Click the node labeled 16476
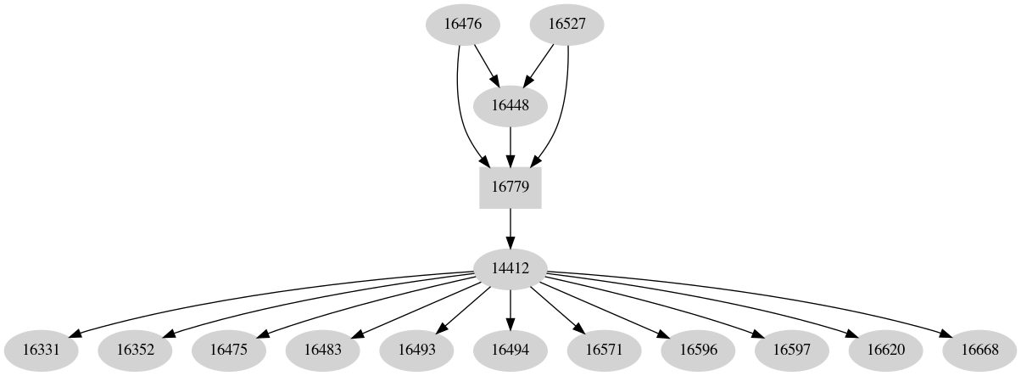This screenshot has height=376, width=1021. tap(462, 24)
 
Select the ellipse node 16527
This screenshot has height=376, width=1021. tap(567, 24)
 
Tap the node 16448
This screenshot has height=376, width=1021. tap(510, 105)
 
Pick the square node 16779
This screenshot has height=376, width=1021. tap(510, 187)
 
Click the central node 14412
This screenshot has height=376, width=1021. tap(510, 268)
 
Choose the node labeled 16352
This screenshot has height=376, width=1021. tap(135, 349)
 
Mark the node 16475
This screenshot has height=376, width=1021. tap(228, 349)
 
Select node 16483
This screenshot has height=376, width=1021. tap(322, 349)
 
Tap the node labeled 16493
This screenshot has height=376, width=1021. tap(416, 349)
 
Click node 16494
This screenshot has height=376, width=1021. tap(510, 349)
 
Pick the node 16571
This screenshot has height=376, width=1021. tap(604, 349)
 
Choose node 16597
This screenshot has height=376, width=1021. tap(791, 349)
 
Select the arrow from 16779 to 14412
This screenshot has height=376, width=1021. tap(510, 227)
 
